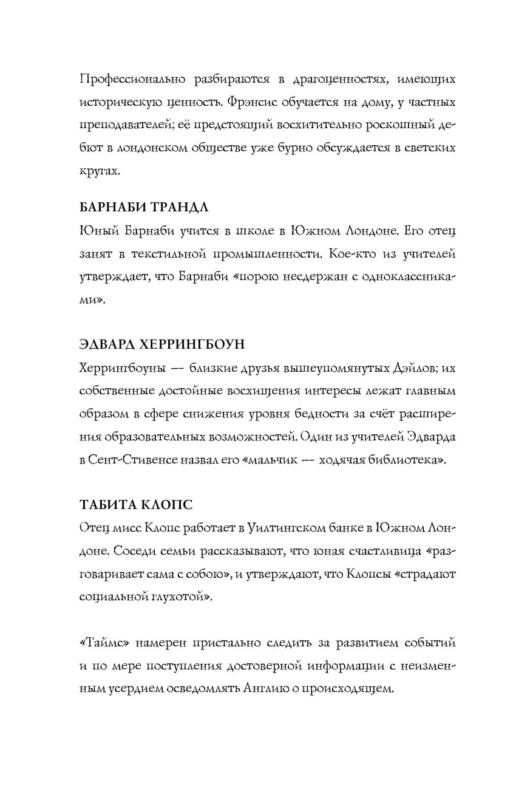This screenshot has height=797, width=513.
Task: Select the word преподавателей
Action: pos(127,126)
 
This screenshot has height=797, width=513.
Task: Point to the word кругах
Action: pos(100,171)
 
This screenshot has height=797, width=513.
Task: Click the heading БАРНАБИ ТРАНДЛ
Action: pos(144,208)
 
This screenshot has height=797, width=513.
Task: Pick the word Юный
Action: pos(97,231)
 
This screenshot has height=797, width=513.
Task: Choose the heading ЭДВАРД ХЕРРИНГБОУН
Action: pos(162,344)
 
